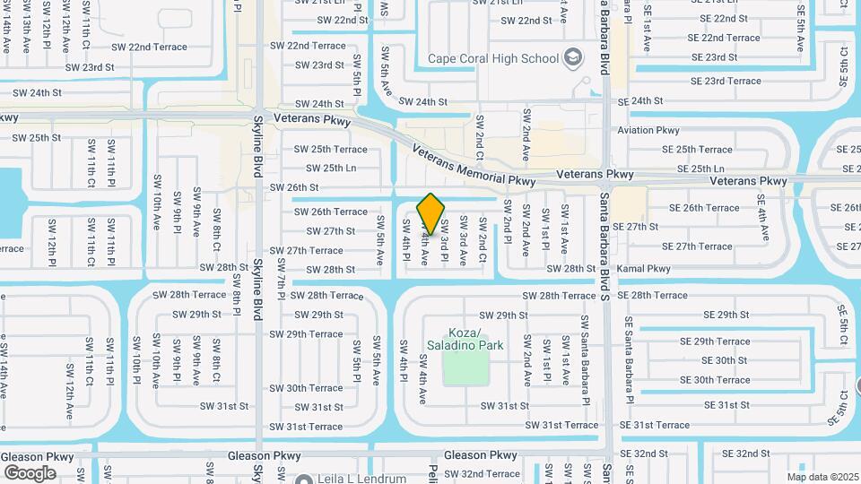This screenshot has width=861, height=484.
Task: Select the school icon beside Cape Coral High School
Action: [x=571, y=59]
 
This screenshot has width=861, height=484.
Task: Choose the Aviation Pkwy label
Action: [x=648, y=130]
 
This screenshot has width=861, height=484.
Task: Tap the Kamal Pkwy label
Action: [x=644, y=268]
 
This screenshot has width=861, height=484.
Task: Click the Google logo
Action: [x=30, y=473]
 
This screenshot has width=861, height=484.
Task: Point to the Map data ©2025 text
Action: [x=822, y=477]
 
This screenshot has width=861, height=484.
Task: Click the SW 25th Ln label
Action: [x=326, y=168]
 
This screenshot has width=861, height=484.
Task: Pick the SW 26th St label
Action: [x=294, y=187]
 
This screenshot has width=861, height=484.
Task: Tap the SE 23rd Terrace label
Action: [x=720, y=81]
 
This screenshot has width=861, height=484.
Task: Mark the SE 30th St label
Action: [x=724, y=360]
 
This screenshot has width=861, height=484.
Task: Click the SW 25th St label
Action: [x=37, y=138]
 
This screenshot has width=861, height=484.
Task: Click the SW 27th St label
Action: [x=325, y=230]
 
